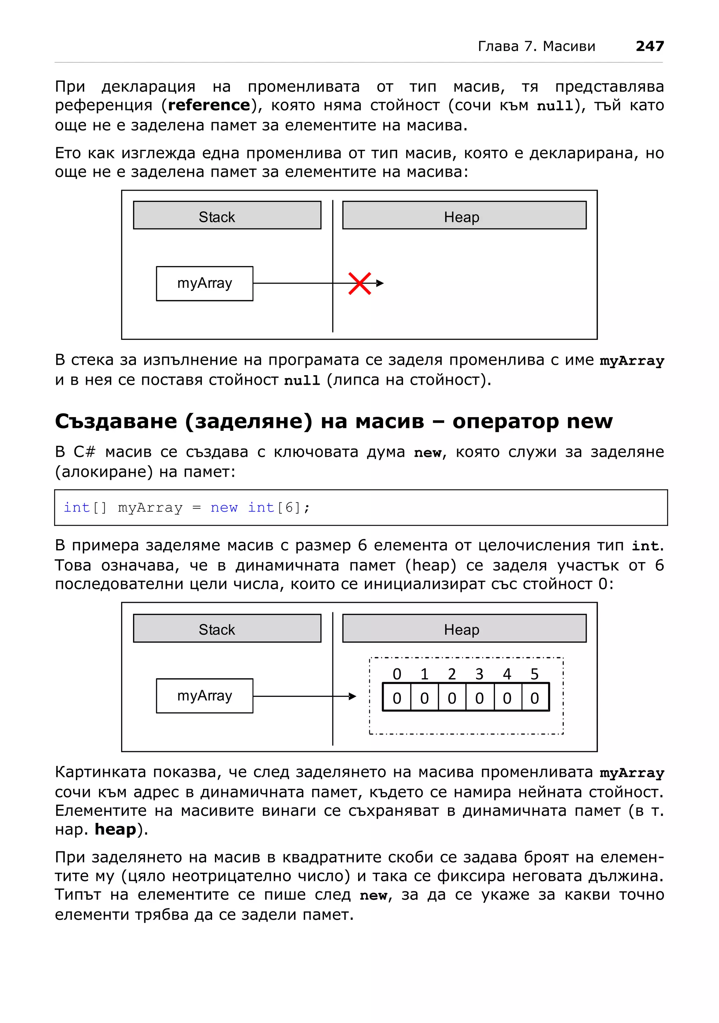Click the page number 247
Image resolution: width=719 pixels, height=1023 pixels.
(649, 46)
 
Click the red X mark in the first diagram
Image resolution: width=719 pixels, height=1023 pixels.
(359, 283)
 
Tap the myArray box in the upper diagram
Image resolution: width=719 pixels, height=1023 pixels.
(204, 283)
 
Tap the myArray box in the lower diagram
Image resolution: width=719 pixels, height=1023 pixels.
(204, 695)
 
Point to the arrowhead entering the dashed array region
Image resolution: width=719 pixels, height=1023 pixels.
(352, 696)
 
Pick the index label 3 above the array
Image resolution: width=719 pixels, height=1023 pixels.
(479, 674)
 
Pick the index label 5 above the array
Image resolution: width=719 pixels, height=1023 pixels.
(535, 674)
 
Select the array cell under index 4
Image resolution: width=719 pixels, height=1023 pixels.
(507, 698)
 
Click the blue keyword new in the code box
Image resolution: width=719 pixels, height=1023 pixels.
(224, 508)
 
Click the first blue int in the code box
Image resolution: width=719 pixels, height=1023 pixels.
(77, 508)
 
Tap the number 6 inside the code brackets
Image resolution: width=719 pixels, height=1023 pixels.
(289, 508)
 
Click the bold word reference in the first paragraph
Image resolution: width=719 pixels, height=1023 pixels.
(209, 105)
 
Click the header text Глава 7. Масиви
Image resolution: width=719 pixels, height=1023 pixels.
(536, 46)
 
